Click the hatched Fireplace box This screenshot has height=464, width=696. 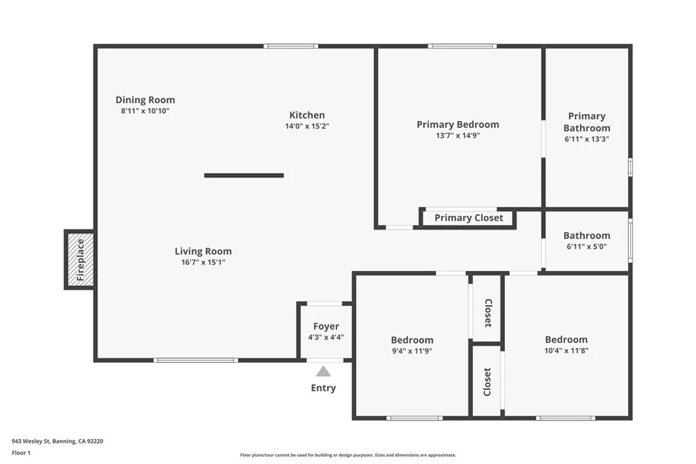tap(80, 260)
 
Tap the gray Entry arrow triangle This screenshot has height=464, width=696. tap(324, 371)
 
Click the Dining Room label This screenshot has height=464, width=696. tap(145, 100)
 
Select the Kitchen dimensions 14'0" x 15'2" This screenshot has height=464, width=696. tap(307, 126)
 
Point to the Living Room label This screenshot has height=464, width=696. tap(203, 251)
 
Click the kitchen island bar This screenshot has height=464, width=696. tap(244, 175)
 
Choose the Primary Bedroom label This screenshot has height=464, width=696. tap(457, 124)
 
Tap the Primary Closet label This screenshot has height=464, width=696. tap(468, 218)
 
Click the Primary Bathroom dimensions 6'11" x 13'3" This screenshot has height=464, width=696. tap(587, 139)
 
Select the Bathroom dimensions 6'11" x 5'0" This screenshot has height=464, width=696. tap(587, 247)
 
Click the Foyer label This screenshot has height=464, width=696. tap(326, 327)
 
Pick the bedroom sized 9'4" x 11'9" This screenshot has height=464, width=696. tap(412, 345)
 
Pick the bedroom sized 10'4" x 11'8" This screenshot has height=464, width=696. tap(566, 345)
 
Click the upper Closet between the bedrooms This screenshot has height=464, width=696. tap(487, 313)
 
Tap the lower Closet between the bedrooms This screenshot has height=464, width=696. tap(487, 381)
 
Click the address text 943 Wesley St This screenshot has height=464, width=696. tap(57, 441)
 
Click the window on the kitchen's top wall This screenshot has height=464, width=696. tap(291, 46)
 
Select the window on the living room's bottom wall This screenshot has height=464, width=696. tap(195, 360)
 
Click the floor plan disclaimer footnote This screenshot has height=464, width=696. tap(348, 455)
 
